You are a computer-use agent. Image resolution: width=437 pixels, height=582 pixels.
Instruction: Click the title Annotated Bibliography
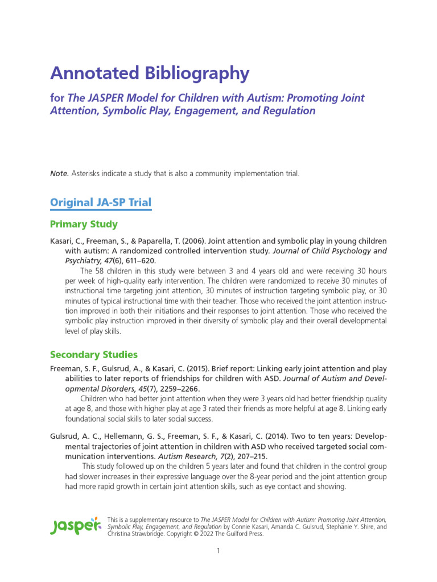150,73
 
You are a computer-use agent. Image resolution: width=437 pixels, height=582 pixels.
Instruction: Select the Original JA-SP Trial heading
101,202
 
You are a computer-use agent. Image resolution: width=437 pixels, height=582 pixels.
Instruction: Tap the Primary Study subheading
84,224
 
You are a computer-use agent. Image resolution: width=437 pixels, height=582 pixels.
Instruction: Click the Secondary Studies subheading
93,355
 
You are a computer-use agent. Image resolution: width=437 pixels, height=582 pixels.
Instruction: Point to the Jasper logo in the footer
75,526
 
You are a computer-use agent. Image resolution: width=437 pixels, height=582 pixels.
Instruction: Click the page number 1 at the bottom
218,551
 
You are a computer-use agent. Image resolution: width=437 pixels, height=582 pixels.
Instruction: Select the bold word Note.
60,173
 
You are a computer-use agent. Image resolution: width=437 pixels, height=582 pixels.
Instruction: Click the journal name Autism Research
184,456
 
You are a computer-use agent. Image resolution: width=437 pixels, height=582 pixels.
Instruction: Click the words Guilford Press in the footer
241,534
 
